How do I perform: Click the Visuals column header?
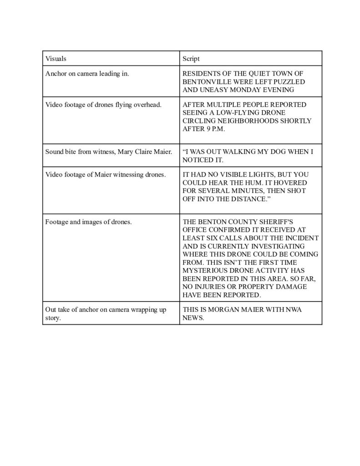55,59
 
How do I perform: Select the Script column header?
191,59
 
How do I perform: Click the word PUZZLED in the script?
290,81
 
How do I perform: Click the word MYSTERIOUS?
206,271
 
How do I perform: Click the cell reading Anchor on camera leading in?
87,74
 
